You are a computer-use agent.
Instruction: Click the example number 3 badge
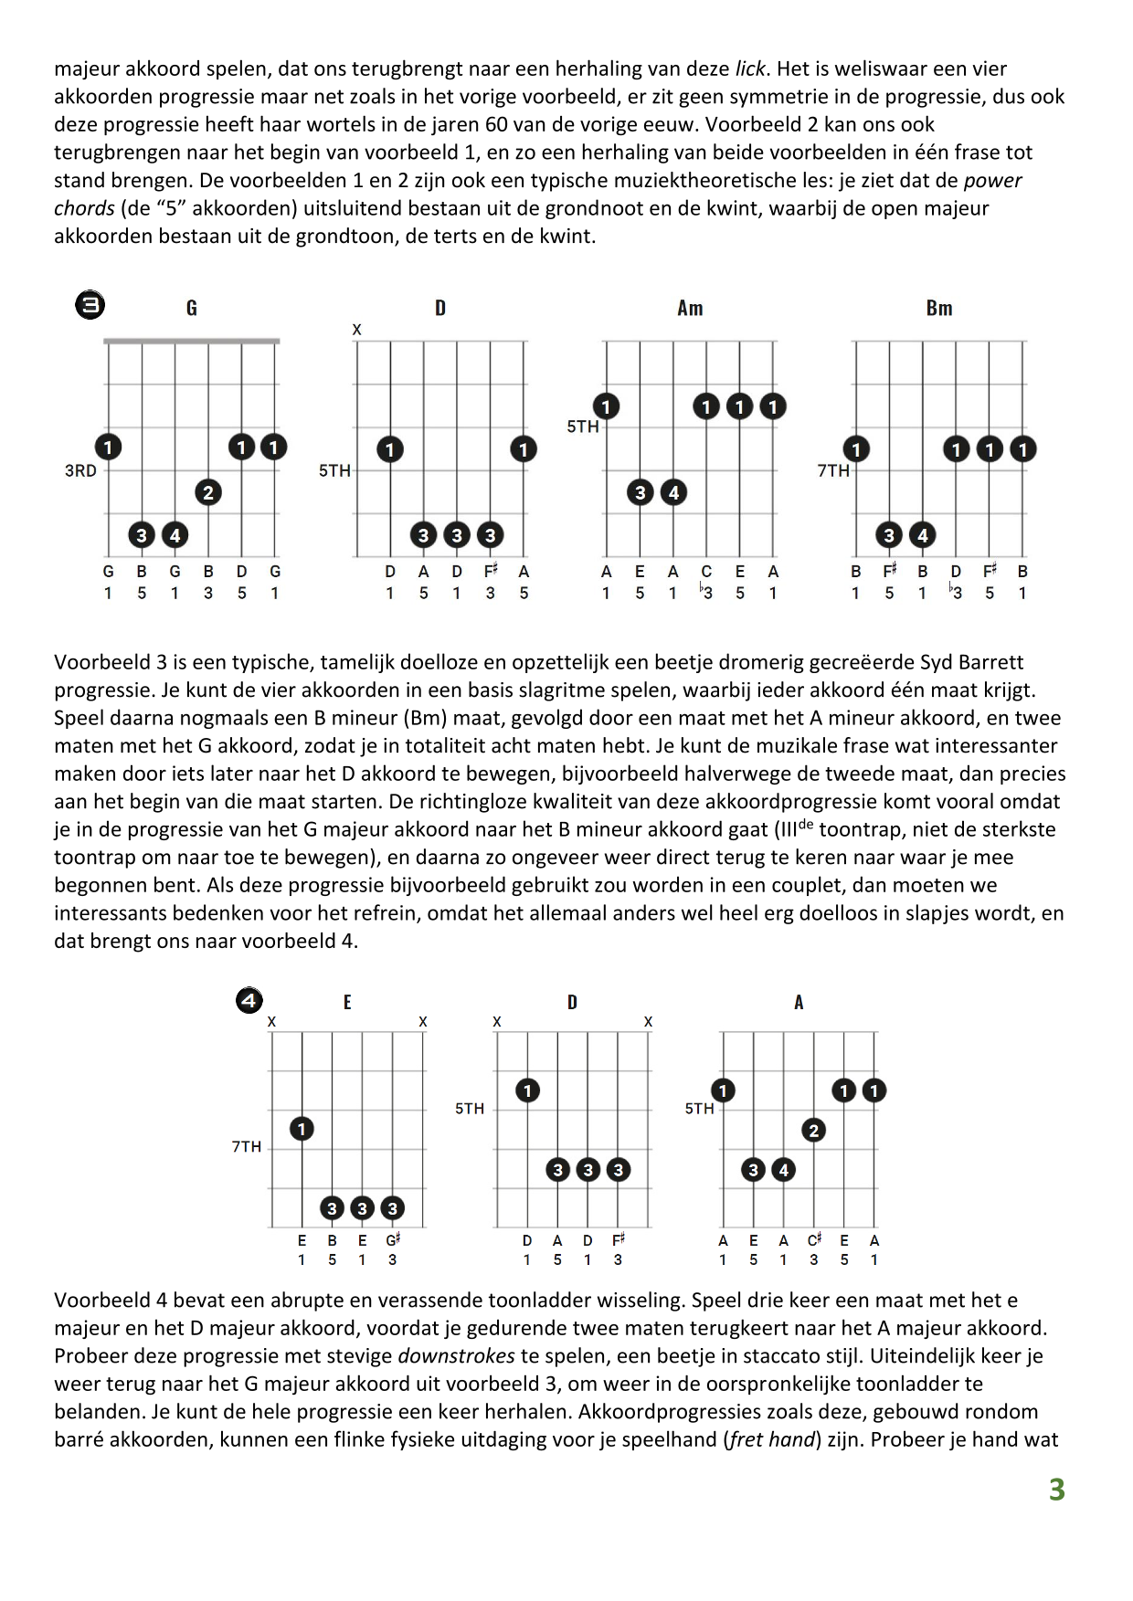pos(90,305)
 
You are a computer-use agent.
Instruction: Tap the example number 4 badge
pos(249,1001)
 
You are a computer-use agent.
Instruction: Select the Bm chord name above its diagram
pos(938,308)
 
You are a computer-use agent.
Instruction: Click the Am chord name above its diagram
pos(690,308)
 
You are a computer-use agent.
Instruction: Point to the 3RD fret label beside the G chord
pos(80,471)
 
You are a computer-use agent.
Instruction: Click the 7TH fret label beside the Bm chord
pos(833,471)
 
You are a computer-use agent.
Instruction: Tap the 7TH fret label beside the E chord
pos(247,1147)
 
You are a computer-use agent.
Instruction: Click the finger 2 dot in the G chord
pos(208,493)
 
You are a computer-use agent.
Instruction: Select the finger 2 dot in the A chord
pos(813,1131)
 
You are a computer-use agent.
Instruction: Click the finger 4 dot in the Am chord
pos(673,493)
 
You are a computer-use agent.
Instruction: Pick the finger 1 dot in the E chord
pos(302,1129)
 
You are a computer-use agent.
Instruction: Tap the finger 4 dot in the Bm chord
pos(923,535)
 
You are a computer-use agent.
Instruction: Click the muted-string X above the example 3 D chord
pos(356,330)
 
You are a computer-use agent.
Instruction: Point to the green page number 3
pos(1056,1490)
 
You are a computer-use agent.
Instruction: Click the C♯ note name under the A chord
pos(814,1240)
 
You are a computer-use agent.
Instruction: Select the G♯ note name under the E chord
pos(393,1240)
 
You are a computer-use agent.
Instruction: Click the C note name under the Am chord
pos(706,572)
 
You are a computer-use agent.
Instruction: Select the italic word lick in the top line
pos(750,68)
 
